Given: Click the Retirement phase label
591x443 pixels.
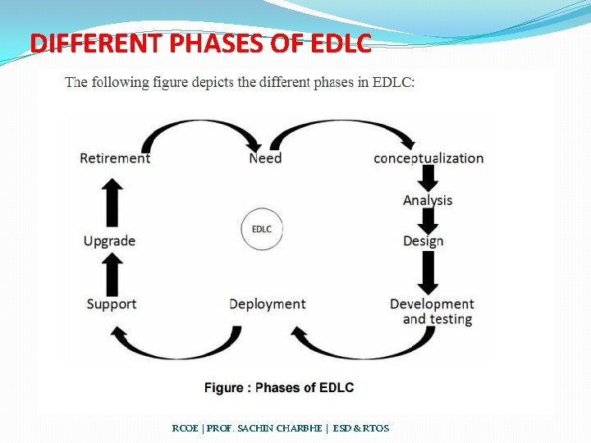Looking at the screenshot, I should click(x=115, y=158).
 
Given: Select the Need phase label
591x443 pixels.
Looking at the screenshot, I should click(x=265, y=158).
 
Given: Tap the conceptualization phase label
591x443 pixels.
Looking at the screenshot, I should click(x=428, y=158).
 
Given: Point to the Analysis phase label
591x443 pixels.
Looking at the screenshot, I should click(x=428, y=200).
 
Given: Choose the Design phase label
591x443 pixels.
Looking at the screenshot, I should click(x=424, y=241).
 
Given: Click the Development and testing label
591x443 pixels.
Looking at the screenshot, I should click(x=432, y=312).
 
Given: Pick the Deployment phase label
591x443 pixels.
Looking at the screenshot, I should click(x=268, y=304).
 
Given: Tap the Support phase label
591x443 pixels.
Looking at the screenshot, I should click(x=112, y=304).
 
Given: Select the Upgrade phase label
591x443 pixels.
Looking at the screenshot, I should click(x=109, y=241).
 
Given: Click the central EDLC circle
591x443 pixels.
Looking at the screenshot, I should click(x=262, y=229).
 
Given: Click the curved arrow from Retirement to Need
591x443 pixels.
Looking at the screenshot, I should click(x=201, y=129).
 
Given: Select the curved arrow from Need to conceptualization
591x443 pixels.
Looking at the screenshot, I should click(x=345, y=129).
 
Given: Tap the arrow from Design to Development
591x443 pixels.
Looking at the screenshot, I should click(x=428, y=272).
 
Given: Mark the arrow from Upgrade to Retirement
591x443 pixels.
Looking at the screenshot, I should click(x=112, y=201).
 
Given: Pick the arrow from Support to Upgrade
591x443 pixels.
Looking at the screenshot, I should click(x=112, y=273).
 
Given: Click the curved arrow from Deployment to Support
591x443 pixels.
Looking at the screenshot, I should click(x=172, y=343).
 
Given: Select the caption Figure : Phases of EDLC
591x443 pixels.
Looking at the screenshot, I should click(x=279, y=387).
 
